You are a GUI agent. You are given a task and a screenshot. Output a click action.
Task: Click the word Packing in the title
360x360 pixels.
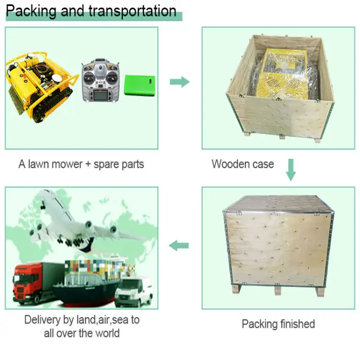[x=31, y=11]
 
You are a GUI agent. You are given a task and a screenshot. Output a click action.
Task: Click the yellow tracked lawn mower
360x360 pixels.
[x=41, y=87]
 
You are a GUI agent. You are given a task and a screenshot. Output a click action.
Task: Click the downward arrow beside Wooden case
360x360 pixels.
[x=291, y=169]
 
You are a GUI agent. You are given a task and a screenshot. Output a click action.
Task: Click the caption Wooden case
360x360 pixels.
[x=243, y=165]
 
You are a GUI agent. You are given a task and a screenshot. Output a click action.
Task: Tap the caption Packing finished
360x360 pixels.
[x=278, y=324]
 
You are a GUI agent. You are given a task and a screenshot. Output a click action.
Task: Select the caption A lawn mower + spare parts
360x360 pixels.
[x=81, y=165]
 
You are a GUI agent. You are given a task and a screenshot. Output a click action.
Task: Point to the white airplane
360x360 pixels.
[x=77, y=221]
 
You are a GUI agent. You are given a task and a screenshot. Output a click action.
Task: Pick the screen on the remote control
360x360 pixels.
[x=99, y=96]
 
